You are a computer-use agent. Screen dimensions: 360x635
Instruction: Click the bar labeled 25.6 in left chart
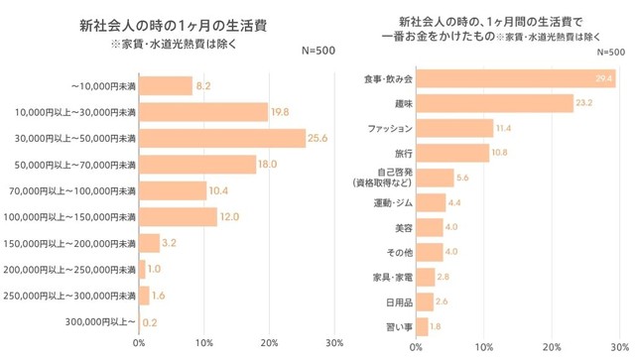point(221,138)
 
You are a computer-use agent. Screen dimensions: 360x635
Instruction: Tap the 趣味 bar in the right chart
point(494,102)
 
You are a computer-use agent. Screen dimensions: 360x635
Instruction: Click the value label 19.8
point(280,112)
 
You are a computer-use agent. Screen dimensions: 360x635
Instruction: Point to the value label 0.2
point(150,321)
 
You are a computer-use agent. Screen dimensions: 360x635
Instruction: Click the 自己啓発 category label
point(382,178)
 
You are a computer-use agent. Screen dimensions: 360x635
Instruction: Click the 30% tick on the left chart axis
point(333,343)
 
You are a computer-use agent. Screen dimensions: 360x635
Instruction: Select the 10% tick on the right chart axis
point(484,347)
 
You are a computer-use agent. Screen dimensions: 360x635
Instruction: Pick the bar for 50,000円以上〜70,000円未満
point(197,165)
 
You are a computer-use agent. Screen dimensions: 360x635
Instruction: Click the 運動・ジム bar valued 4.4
point(431,202)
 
